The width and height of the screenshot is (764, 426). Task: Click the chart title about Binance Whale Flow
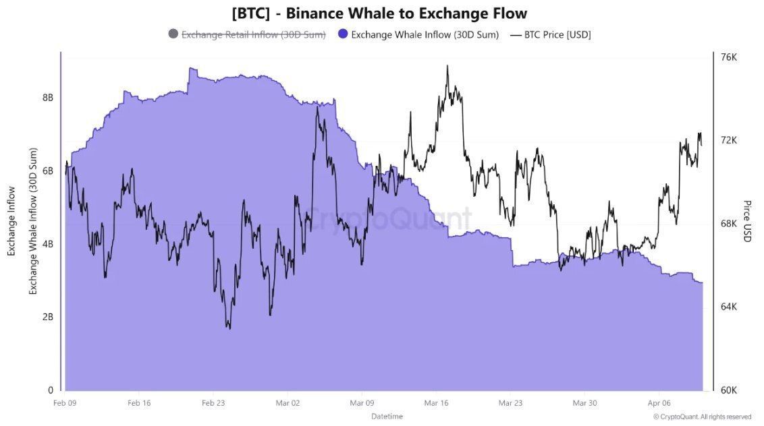pyautogui.click(x=379, y=13)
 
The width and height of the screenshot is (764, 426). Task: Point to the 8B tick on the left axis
pyautogui.click(x=48, y=98)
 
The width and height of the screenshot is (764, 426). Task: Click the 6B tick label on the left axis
pyautogui.click(x=48, y=171)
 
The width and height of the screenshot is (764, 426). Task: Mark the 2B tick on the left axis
pyautogui.click(x=48, y=317)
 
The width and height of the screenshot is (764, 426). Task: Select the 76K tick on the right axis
pyautogui.click(x=729, y=57)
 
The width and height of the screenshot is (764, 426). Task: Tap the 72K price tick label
pyautogui.click(x=729, y=140)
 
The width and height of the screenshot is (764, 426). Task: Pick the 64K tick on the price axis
pyautogui.click(x=729, y=307)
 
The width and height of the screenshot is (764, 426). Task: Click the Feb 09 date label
pyautogui.click(x=64, y=402)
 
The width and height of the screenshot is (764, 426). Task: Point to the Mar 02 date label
pyautogui.click(x=288, y=402)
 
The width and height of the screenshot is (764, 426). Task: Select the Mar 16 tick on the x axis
pyautogui.click(x=436, y=402)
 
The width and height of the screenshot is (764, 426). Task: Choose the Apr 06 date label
pyautogui.click(x=659, y=402)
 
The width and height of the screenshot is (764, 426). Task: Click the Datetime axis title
pyautogui.click(x=387, y=416)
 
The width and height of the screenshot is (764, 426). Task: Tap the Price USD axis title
pyautogui.click(x=747, y=221)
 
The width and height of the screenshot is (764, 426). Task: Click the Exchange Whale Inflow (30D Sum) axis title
pyautogui.click(x=32, y=221)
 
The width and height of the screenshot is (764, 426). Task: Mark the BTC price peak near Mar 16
pyautogui.click(x=447, y=66)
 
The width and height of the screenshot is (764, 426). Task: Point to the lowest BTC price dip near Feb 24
pyautogui.click(x=229, y=328)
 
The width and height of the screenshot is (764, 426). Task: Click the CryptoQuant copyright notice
pyautogui.click(x=702, y=417)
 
